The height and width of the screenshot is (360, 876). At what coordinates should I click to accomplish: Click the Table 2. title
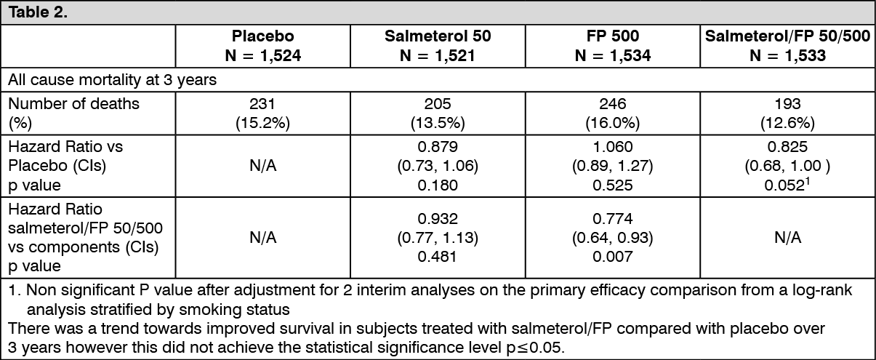pyautogui.click(x=38, y=12)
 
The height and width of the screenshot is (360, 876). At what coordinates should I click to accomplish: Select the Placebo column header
pyautogui.click(x=263, y=36)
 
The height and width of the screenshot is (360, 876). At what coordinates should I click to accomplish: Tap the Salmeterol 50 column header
pyautogui.click(x=438, y=36)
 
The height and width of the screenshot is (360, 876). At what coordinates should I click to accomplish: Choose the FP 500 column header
pyautogui.click(x=613, y=36)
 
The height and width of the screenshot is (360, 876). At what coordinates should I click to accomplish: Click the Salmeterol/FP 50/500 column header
pyautogui.click(x=787, y=36)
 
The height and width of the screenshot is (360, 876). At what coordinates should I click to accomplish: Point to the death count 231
pyautogui.click(x=262, y=104)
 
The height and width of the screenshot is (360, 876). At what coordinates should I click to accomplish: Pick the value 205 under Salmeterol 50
pyautogui.click(x=438, y=104)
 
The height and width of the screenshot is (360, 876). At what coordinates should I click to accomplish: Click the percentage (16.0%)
pyautogui.click(x=613, y=123)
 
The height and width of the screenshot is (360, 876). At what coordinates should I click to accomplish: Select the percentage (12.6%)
pyautogui.click(x=787, y=123)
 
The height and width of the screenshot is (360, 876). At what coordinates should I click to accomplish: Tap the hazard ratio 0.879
pyautogui.click(x=438, y=147)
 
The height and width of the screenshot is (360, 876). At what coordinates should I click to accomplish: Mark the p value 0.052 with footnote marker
pyautogui.click(x=787, y=185)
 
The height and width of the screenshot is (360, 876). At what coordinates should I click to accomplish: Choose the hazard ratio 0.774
pyautogui.click(x=613, y=218)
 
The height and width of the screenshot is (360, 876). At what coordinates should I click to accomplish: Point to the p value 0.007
pyautogui.click(x=613, y=257)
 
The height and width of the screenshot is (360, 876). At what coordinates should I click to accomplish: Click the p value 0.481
pyautogui.click(x=438, y=257)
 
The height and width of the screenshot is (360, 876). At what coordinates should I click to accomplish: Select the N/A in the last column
pyautogui.click(x=787, y=238)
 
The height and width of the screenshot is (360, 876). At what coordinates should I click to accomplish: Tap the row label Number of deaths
pyautogui.click(x=74, y=104)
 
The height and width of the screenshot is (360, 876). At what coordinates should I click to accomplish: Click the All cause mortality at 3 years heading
pyautogui.click(x=112, y=80)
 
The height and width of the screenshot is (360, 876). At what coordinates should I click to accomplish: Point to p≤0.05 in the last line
pyautogui.click(x=534, y=348)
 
